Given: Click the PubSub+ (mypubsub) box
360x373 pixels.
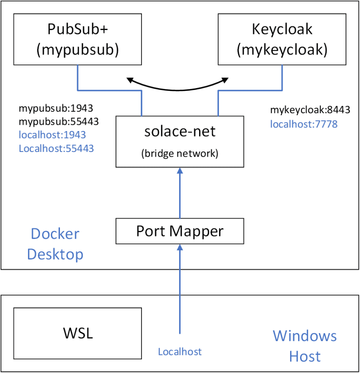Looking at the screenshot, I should [77, 39].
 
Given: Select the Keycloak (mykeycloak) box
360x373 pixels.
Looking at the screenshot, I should [282, 39].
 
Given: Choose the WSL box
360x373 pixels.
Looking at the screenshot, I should [78, 333].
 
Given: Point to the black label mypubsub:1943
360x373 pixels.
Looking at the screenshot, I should [56, 108].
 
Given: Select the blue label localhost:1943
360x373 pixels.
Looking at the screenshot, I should [52, 135].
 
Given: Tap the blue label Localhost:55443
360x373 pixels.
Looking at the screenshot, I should [56, 148].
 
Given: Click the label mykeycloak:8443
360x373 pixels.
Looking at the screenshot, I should [310, 110].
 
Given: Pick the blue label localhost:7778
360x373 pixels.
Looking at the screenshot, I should [304, 124].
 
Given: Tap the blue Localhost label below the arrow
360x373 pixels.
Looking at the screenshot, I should [180, 351].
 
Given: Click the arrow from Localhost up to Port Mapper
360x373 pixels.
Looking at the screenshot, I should [180, 288].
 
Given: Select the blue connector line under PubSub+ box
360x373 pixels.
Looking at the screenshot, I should [109, 90].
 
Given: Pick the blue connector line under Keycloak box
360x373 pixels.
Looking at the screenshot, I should [249, 90].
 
